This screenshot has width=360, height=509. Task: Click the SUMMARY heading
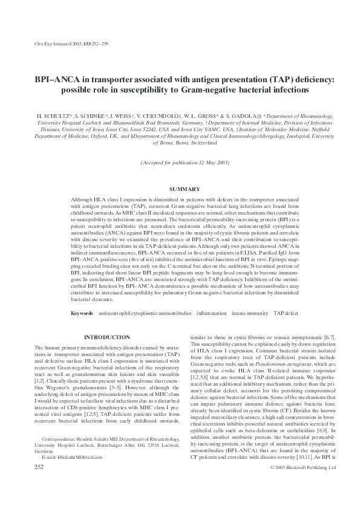tap(180, 190)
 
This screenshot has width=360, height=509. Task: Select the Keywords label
tap(82, 314)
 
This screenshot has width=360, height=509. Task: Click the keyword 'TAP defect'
tap(286, 314)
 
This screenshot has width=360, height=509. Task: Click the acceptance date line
tap(180, 163)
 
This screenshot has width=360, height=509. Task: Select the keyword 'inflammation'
tap(214, 314)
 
